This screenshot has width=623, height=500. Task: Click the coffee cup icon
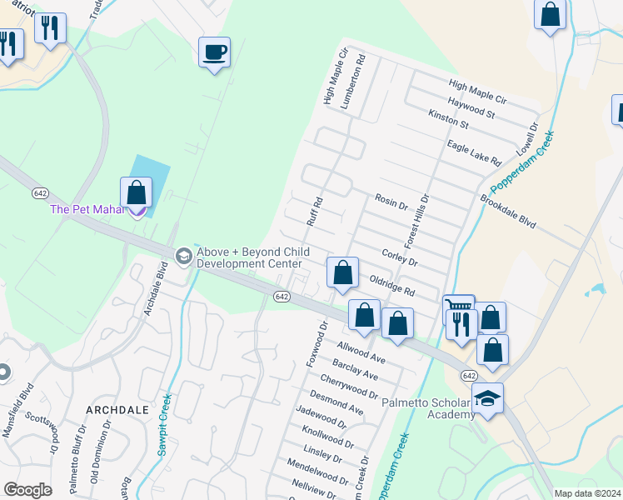214,52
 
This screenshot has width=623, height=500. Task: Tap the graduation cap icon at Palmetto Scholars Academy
487,398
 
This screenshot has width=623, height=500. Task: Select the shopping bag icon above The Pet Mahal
136,192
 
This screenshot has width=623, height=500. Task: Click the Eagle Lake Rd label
473,152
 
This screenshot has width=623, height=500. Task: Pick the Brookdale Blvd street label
508,212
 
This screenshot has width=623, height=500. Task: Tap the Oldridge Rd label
392,285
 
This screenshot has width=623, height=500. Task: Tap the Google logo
27,489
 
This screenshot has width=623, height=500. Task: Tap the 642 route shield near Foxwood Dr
282,297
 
